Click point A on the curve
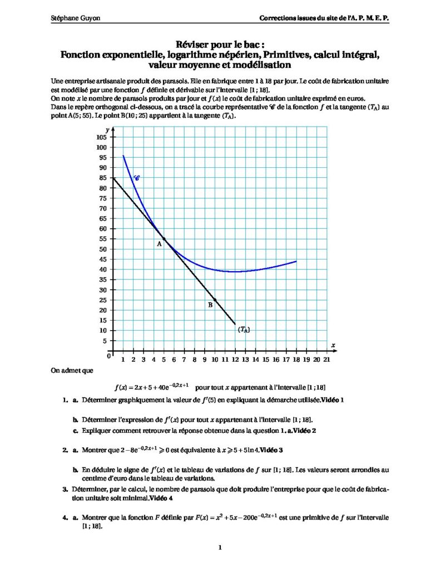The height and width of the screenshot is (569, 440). (164, 238)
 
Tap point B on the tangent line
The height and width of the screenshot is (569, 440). (215, 300)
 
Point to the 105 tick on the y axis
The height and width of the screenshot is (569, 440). (101, 137)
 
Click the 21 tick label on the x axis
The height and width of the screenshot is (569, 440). (327, 360)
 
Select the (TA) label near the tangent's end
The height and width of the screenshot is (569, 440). (244, 330)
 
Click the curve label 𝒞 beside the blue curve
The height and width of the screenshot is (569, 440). (137, 178)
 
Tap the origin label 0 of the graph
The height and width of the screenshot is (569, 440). (109, 356)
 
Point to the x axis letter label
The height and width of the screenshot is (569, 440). (333, 345)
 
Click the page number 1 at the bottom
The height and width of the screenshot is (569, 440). (220, 547)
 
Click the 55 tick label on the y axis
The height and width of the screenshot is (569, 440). (101, 238)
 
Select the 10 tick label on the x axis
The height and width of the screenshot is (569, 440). (215, 360)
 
